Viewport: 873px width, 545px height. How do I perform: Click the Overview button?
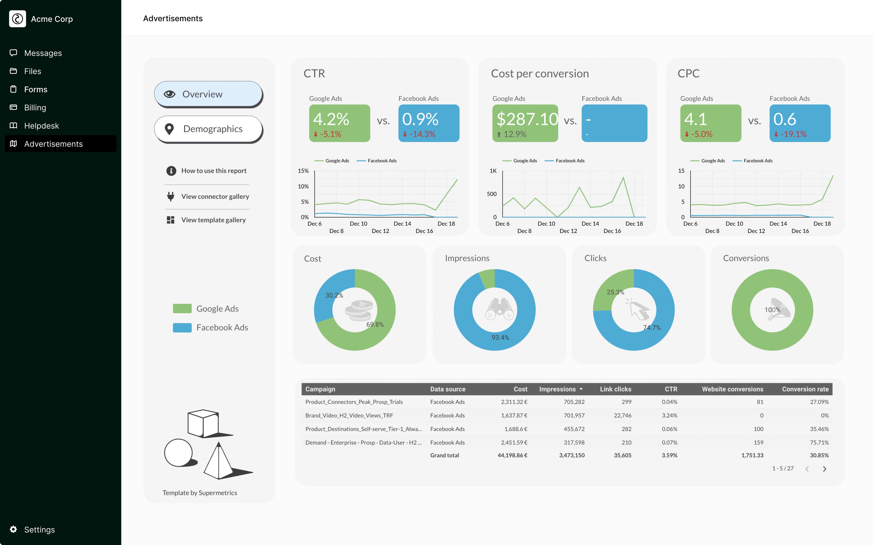(208, 94)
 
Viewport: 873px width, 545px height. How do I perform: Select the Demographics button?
(208, 129)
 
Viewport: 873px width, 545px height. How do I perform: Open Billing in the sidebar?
(35, 107)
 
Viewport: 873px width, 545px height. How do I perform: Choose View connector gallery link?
(215, 196)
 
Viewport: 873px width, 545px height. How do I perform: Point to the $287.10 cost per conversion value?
(527, 119)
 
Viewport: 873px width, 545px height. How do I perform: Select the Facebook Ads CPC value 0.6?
(785, 119)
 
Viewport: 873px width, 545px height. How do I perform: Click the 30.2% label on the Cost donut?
(334, 295)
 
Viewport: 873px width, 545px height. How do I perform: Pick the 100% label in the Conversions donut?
(772, 310)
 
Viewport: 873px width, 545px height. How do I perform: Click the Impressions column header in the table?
(557, 389)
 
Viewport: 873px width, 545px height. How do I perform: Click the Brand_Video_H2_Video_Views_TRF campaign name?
(349, 415)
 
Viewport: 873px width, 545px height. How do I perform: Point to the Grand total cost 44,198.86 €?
(512, 455)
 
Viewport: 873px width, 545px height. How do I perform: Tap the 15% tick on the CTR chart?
(303, 171)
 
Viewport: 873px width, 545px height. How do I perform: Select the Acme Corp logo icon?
(17, 19)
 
